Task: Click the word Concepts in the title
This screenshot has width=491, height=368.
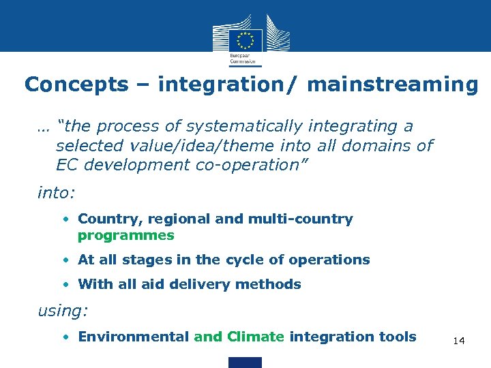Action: [x=76, y=85]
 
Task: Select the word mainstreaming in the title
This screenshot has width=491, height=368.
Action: [x=393, y=85]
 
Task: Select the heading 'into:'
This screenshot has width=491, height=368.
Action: [x=56, y=193]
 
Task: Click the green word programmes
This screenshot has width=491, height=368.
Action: [x=126, y=236]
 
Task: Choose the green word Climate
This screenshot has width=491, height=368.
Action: [x=255, y=336]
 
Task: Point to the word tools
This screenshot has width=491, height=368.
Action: [x=398, y=336]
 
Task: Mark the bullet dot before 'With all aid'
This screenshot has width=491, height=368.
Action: [x=70, y=285]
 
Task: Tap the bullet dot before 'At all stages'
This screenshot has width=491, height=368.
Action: [x=70, y=260]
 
